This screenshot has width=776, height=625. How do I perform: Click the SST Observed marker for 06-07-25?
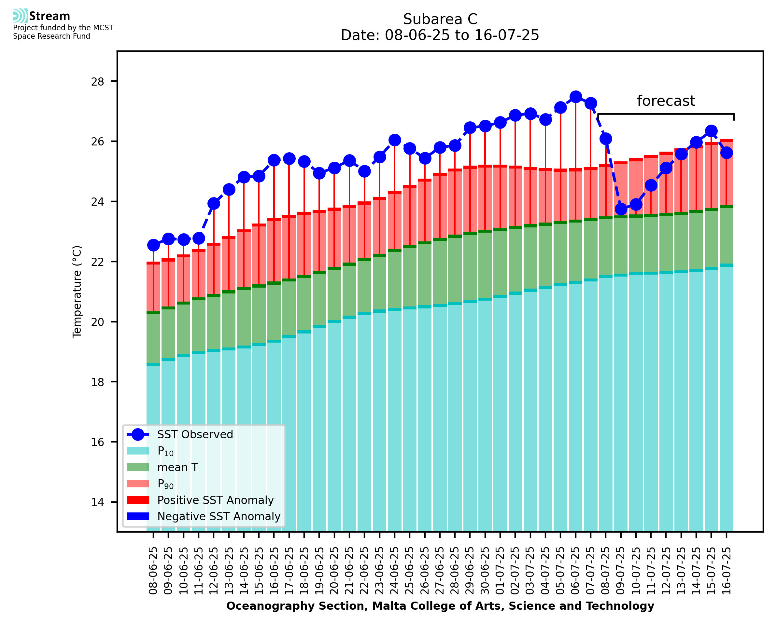pyautogui.click(x=575, y=97)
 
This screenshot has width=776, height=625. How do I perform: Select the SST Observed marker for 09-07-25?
pyautogui.click(x=621, y=209)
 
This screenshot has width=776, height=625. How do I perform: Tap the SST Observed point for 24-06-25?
pyautogui.click(x=394, y=140)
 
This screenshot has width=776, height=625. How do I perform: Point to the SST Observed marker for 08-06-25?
pyautogui.click(x=153, y=245)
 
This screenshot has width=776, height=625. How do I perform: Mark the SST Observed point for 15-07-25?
pyautogui.click(x=711, y=131)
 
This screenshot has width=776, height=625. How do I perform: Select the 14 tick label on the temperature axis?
pyautogui.click(x=98, y=503)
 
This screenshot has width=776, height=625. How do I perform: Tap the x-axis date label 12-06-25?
pyautogui.click(x=214, y=571)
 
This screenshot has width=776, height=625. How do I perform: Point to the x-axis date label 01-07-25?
pyautogui.click(x=500, y=571)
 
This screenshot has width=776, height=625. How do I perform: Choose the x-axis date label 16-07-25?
pyautogui.click(x=726, y=571)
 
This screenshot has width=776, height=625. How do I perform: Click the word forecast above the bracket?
pyautogui.click(x=666, y=101)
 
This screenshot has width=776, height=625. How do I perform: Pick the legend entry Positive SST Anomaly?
pyautogui.click(x=216, y=500)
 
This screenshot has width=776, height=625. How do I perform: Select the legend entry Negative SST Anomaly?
pyautogui.click(x=219, y=516)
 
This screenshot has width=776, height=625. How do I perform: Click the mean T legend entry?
pyautogui.click(x=177, y=467)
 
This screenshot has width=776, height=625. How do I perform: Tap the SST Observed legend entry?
pyautogui.click(x=195, y=435)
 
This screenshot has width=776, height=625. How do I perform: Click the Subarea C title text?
pyautogui.click(x=440, y=20)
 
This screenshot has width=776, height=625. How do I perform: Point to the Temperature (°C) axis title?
pyautogui.click(x=77, y=292)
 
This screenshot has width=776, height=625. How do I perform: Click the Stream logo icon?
pyautogui.click(x=20, y=16)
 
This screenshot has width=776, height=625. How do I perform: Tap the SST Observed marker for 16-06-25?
pyautogui.click(x=274, y=160)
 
